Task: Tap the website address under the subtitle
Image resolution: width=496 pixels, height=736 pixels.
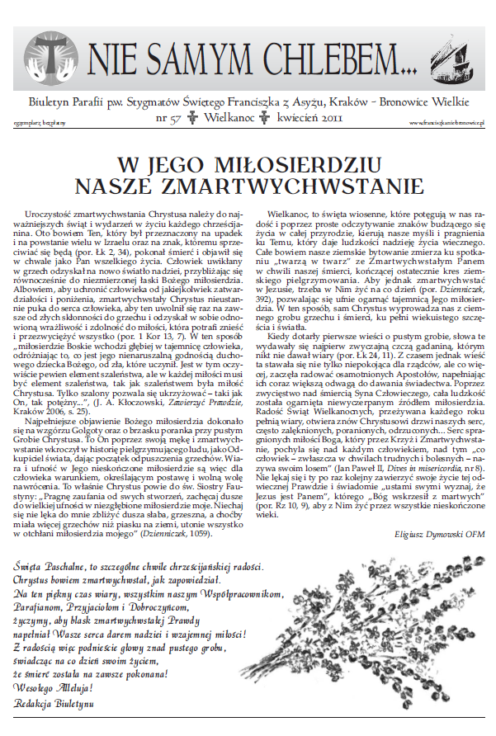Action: coord(446,122)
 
